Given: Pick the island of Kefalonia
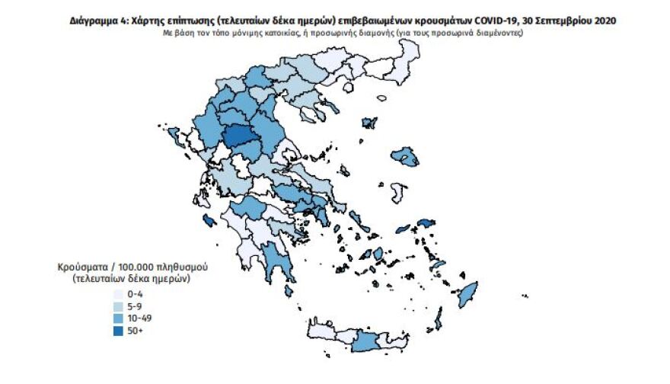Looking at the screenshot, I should [x=206, y=221].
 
